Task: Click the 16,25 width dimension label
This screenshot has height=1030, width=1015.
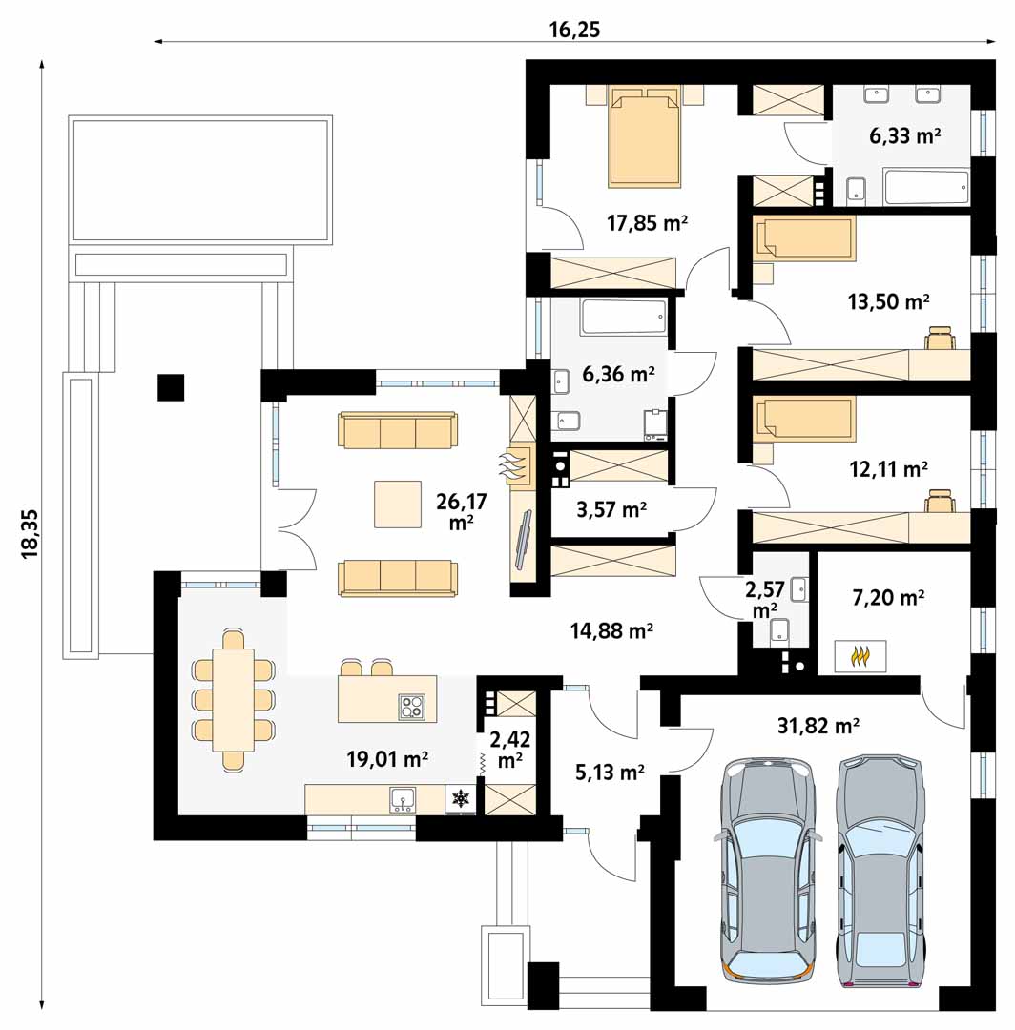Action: (x=574, y=30)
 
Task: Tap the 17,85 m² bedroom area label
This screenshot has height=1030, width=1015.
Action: (x=647, y=223)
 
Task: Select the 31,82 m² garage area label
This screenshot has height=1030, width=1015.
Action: (x=818, y=726)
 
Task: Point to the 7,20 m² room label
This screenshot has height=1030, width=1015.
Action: (x=888, y=597)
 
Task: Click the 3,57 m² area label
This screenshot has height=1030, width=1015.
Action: (x=611, y=509)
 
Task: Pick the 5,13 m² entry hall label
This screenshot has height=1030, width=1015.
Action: (x=610, y=772)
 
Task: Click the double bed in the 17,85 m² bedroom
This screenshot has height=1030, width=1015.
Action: (x=645, y=136)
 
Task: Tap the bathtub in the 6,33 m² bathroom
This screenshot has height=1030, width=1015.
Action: (x=926, y=187)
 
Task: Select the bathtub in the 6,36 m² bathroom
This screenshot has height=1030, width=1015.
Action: (x=623, y=318)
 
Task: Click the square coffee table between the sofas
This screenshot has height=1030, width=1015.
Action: (x=398, y=504)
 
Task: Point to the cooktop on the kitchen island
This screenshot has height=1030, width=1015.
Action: (x=412, y=707)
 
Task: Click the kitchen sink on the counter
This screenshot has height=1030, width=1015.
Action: (x=402, y=799)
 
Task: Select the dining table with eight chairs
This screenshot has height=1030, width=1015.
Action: (x=233, y=700)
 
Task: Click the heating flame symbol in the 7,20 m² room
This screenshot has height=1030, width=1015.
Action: (x=860, y=656)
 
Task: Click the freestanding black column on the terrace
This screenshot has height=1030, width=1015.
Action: (x=171, y=387)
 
